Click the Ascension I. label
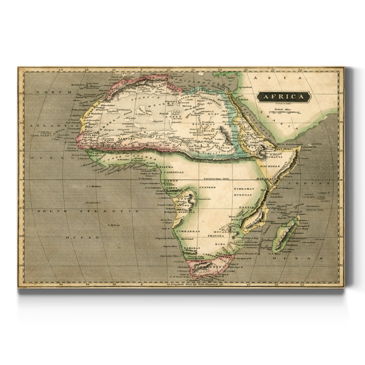coord(92,202)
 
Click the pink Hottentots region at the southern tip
coord(201,269)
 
